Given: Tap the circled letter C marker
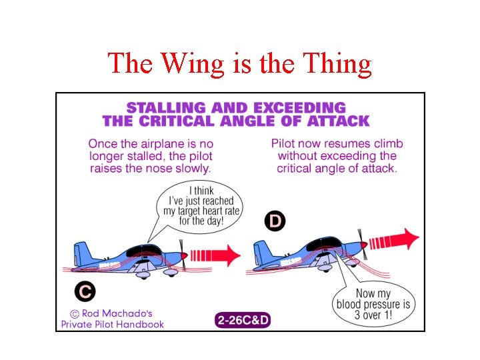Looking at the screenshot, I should point(85,291).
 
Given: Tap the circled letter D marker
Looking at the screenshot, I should point(275,221).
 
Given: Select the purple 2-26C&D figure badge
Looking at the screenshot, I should point(243,320).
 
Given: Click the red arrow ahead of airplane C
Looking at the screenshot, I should point(216,254).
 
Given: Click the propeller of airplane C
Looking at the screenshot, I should point(183,255).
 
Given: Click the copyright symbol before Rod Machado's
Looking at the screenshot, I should point(75,313).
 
